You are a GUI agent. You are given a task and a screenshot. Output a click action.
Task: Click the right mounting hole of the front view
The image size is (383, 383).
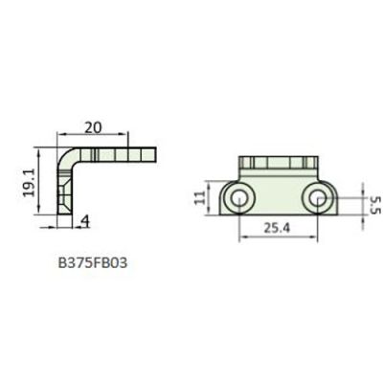315,198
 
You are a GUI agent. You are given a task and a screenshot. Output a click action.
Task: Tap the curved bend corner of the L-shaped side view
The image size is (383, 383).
68,157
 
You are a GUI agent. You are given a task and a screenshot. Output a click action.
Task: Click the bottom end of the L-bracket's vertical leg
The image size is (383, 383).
65,223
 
